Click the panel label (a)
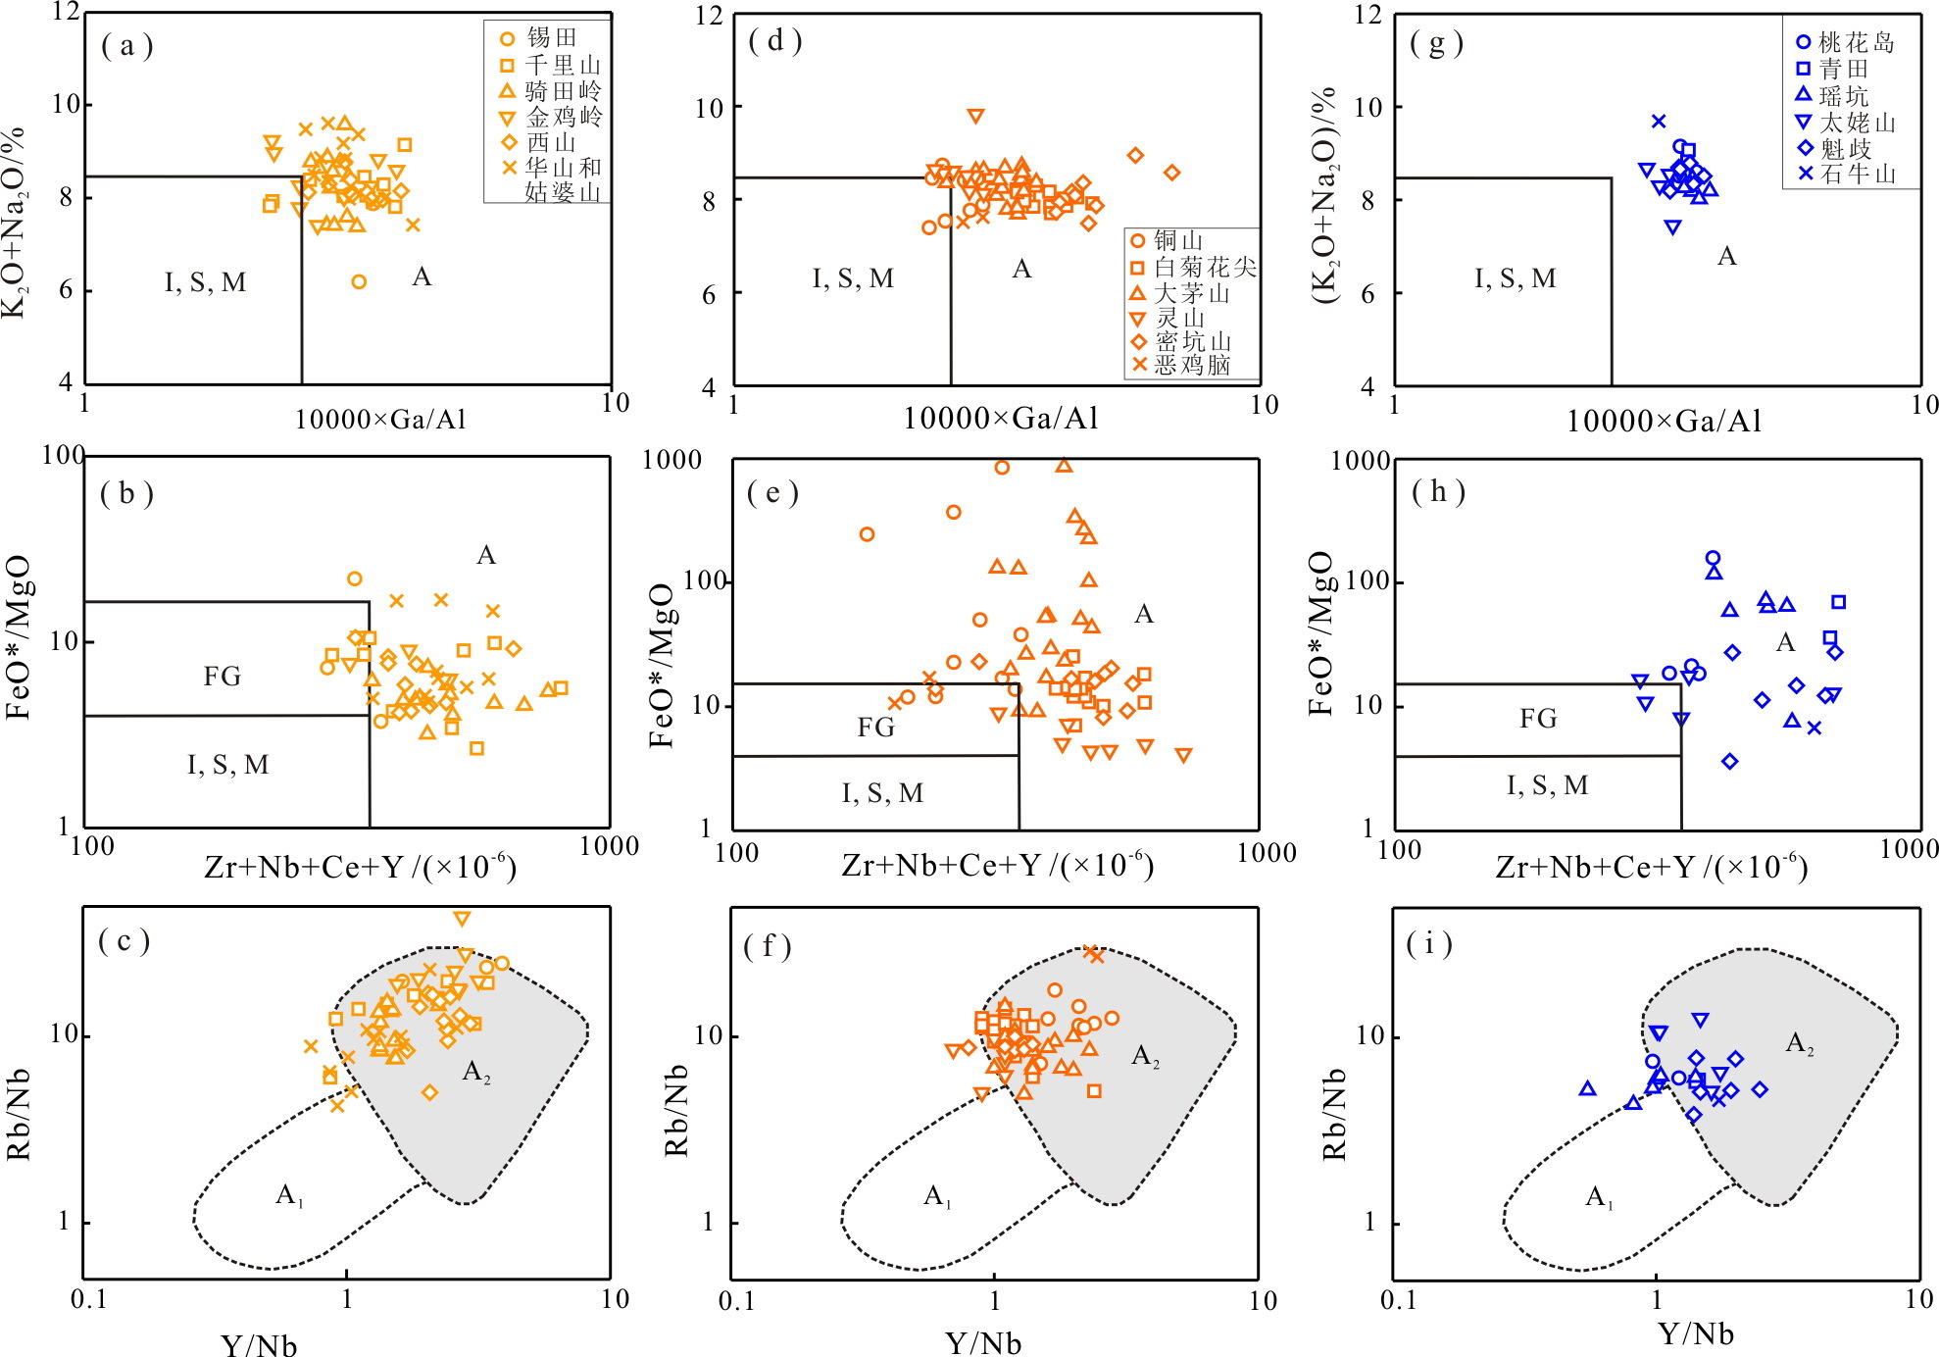[126, 46]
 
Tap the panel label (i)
[1429, 943]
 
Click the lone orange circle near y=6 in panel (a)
[359, 282]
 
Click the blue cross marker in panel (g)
[1659, 122]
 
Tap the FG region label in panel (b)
[222, 676]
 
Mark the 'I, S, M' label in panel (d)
[853, 279]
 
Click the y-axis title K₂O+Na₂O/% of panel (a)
[14, 222]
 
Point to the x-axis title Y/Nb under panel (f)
[982, 1343]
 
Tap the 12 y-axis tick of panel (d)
[709, 16]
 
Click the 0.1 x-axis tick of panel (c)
[88, 1300]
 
